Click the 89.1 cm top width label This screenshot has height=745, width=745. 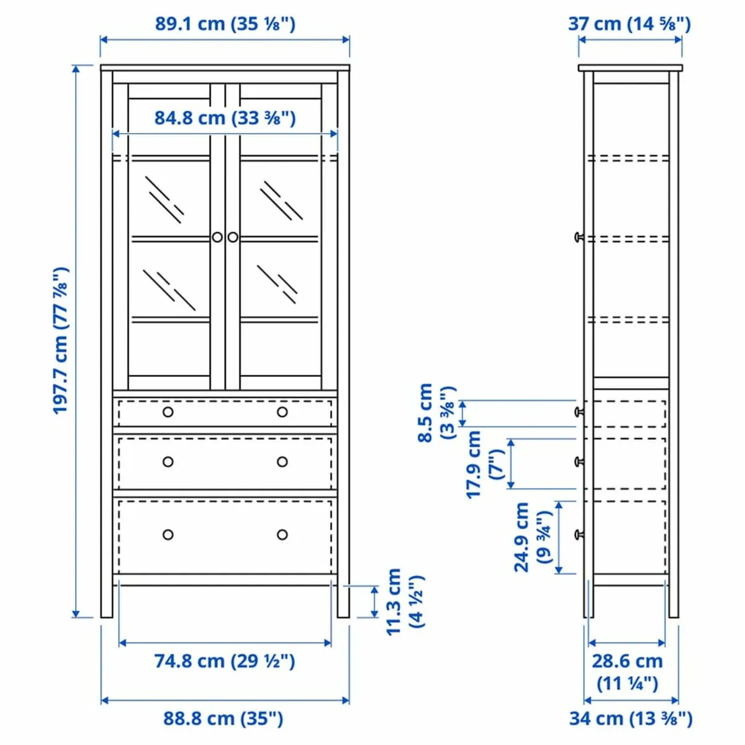[225, 24]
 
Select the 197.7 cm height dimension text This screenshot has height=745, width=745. [60, 341]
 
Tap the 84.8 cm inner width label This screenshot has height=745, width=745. [225, 117]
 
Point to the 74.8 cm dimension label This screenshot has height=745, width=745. [225, 661]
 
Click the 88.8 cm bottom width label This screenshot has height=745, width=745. [223, 718]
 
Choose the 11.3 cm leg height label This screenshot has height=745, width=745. [404, 601]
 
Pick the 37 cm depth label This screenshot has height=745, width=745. [630, 24]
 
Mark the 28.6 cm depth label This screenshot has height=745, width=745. [627, 672]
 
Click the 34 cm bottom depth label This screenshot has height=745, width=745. [630, 718]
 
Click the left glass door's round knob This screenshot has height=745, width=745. [217, 237]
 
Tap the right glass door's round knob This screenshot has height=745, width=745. [233, 237]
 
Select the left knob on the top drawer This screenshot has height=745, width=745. [168, 412]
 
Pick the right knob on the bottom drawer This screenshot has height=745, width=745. [282, 535]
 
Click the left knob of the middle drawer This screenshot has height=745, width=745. [168, 462]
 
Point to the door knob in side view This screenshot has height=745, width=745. [579, 237]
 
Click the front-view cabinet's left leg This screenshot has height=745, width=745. [107, 599]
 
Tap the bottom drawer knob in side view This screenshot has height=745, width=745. [579, 534]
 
